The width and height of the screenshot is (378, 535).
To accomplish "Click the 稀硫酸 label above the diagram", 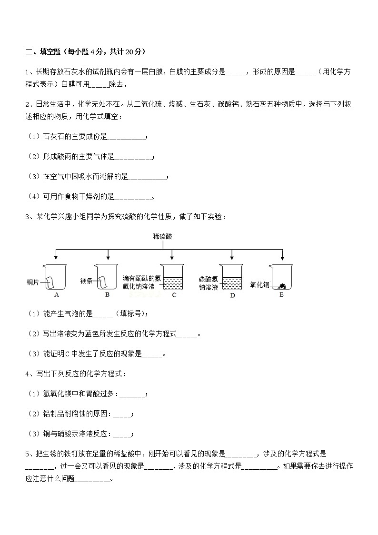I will pos(163,236).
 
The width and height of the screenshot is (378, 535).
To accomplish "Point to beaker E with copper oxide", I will pos(281,277).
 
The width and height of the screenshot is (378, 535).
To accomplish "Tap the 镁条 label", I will pos(86,281).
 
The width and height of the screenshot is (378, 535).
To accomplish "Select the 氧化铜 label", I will pos(259,285).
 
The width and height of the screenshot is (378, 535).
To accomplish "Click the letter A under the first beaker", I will pos(57,295).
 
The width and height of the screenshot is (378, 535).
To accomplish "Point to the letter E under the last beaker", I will pos(281,295).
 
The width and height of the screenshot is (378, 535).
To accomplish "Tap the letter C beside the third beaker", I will pos(174,295).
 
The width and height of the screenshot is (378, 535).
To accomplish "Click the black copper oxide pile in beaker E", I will pos(282,286).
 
